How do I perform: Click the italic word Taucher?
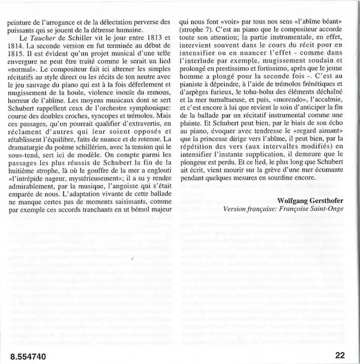pyautogui.click(x=44, y=37)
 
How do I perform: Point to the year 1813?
pyautogui.click(x=148, y=37)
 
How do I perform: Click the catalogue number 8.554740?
pyautogui.click(x=28, y=354)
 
